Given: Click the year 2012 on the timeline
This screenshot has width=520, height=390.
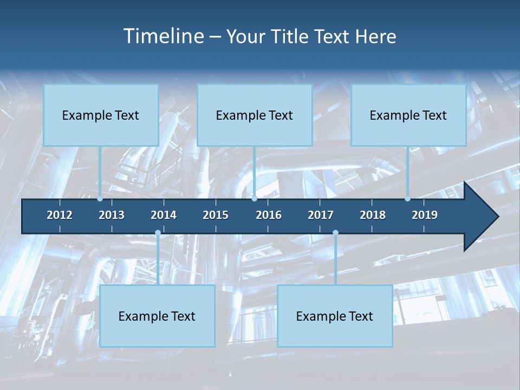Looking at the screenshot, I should click(x=60, y=215).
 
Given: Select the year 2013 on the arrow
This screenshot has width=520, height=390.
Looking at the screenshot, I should click(x=112, y=215).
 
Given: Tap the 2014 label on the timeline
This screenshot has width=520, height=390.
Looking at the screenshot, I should click(x=164, y=215).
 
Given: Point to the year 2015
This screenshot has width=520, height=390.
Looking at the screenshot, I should click(x=216, y=215).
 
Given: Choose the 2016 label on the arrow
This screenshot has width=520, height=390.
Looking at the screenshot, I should click(x=269, y=215).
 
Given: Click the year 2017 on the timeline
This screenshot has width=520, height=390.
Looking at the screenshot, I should click(x=321, y=215).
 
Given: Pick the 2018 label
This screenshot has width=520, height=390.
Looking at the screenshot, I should click(x=373, y=215).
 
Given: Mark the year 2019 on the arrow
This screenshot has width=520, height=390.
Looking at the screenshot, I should click(x=425, y=215).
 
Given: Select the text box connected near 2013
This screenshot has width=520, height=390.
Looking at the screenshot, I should click(x=101, y=115).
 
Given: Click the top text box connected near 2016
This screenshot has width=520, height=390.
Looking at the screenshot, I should click(x=255, y=115).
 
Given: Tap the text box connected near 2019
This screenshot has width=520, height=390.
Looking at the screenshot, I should click(x=408, y=115).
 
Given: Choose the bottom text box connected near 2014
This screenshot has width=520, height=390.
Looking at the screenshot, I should click(x=157, y=316).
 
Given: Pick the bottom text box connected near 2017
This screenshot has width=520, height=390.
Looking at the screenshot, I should click(x=335, y=316).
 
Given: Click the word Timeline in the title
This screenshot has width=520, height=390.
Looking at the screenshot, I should click(x=163, y=36).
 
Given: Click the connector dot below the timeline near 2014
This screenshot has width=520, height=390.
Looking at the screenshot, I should click(x=158, y=233).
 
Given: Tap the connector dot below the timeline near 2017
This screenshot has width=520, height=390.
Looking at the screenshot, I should click(x=335, y=233).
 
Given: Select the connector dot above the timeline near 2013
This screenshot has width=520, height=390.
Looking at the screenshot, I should click(x=100, y=199).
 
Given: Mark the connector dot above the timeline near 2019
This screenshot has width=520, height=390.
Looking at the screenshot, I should click(x=407, y=199).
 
